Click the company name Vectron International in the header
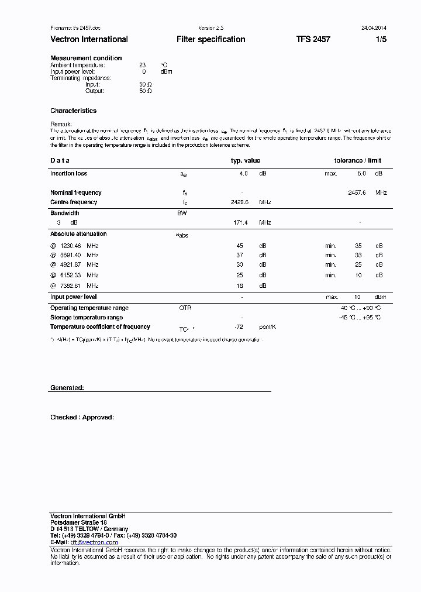point(89,39)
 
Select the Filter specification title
point(210,39)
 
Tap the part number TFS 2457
point(313,39)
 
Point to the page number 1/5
point(381,39)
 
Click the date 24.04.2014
point(374,27)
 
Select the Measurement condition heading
point(86,58)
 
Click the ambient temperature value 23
point(142,65)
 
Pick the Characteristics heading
point(73,111)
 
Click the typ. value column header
point(246,160)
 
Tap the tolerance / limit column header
point(357,160)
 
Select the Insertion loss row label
point(68,173)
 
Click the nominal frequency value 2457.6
point(357,192)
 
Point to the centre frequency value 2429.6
point(240,202)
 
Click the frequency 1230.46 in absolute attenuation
point(71,246)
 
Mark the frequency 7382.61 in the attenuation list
point(71,285)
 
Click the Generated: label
point(67,388)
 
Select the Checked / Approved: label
point(82,417)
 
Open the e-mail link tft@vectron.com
point(94,542)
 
